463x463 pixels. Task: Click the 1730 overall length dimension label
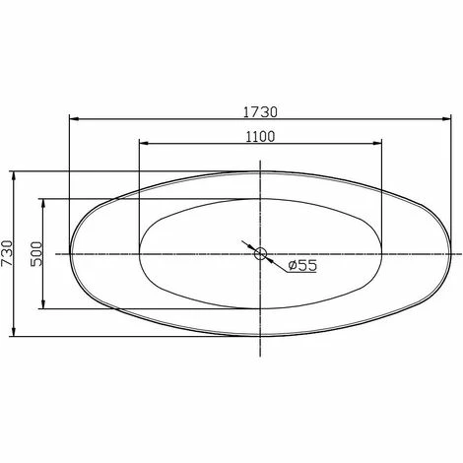coord(260,112)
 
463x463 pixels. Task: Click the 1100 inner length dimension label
coord(260,137)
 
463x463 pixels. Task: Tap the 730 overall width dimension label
coord(7,253)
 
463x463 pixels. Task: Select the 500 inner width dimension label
coord(36,254)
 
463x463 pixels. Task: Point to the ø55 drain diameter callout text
coord(302,265)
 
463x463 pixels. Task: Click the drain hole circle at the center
coord(260,253)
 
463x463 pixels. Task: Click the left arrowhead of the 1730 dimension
coord(74,119)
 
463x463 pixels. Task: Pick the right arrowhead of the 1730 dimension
coord(446,119)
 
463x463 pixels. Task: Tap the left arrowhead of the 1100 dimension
coord(144,143)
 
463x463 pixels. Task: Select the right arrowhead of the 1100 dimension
coord(377,143)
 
